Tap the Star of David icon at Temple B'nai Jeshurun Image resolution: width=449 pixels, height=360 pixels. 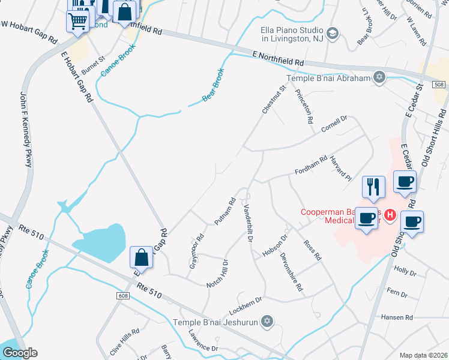point(268,321)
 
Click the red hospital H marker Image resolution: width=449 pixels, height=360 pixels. point(390,214)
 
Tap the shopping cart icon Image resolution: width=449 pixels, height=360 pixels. point(77,22)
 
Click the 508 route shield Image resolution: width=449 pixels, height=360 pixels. point(439,85)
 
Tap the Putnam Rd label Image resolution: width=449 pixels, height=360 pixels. point(224,211)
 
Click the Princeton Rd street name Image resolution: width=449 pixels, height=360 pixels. point(304,106)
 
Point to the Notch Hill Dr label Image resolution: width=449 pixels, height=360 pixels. point(218,273)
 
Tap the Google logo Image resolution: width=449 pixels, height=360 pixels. point(20,353)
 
